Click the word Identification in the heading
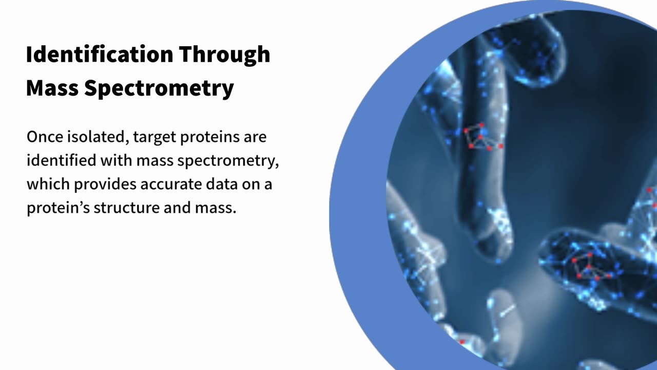click(100, 54)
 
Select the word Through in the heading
click(225, 55)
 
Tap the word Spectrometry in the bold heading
click(159, 88)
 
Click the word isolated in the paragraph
click(98, 137)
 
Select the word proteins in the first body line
click(210, 138)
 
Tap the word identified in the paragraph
click(61, 161)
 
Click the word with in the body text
click(116, 161)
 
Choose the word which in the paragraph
click(48, 184)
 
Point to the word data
click(221, 184)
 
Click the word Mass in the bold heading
click(52, 88)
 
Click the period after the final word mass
click(235, 212)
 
